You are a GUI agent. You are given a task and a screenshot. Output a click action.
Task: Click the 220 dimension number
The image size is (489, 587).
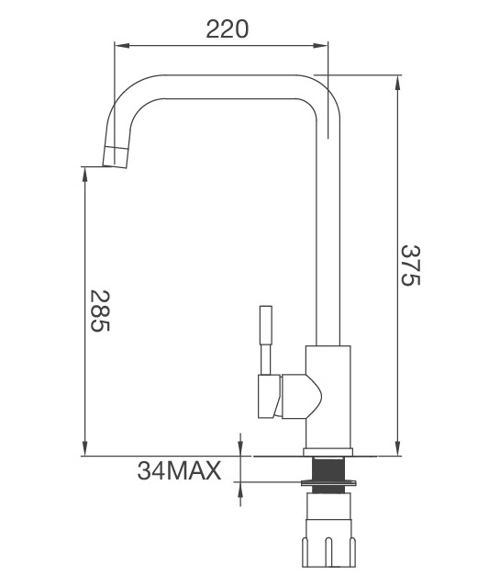(227, 28)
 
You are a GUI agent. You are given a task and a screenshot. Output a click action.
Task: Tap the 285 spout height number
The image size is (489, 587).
(99, 311)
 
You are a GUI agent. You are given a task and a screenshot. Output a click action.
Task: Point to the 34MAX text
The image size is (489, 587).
(180, 471)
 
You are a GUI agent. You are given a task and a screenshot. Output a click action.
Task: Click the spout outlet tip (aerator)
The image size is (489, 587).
(115, 157)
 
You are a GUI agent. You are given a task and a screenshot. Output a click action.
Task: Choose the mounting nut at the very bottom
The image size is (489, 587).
(328, 547)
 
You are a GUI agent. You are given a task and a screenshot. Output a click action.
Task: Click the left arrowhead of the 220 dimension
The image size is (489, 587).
(118, 43)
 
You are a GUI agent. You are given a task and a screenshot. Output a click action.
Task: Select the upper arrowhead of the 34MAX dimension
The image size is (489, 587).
(239, 449)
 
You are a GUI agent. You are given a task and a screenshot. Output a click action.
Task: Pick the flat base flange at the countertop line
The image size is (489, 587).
(328, 453)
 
